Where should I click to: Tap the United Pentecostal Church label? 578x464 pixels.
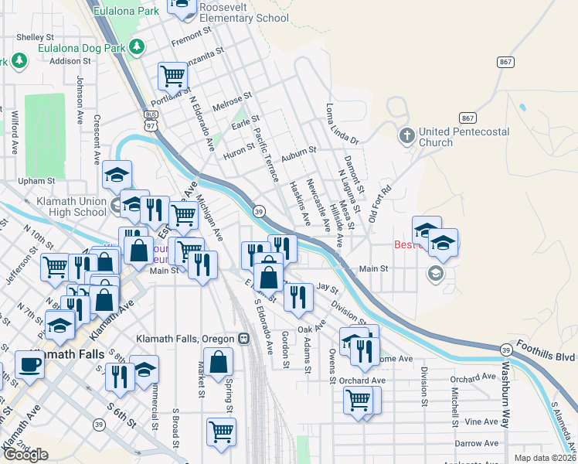coord(463,137)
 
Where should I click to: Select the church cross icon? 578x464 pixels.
coord(406,137)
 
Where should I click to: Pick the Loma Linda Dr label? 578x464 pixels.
coord(342,124)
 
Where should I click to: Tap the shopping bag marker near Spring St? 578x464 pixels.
coord(219,362)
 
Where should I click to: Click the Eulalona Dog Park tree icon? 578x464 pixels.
coord(136,47)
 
